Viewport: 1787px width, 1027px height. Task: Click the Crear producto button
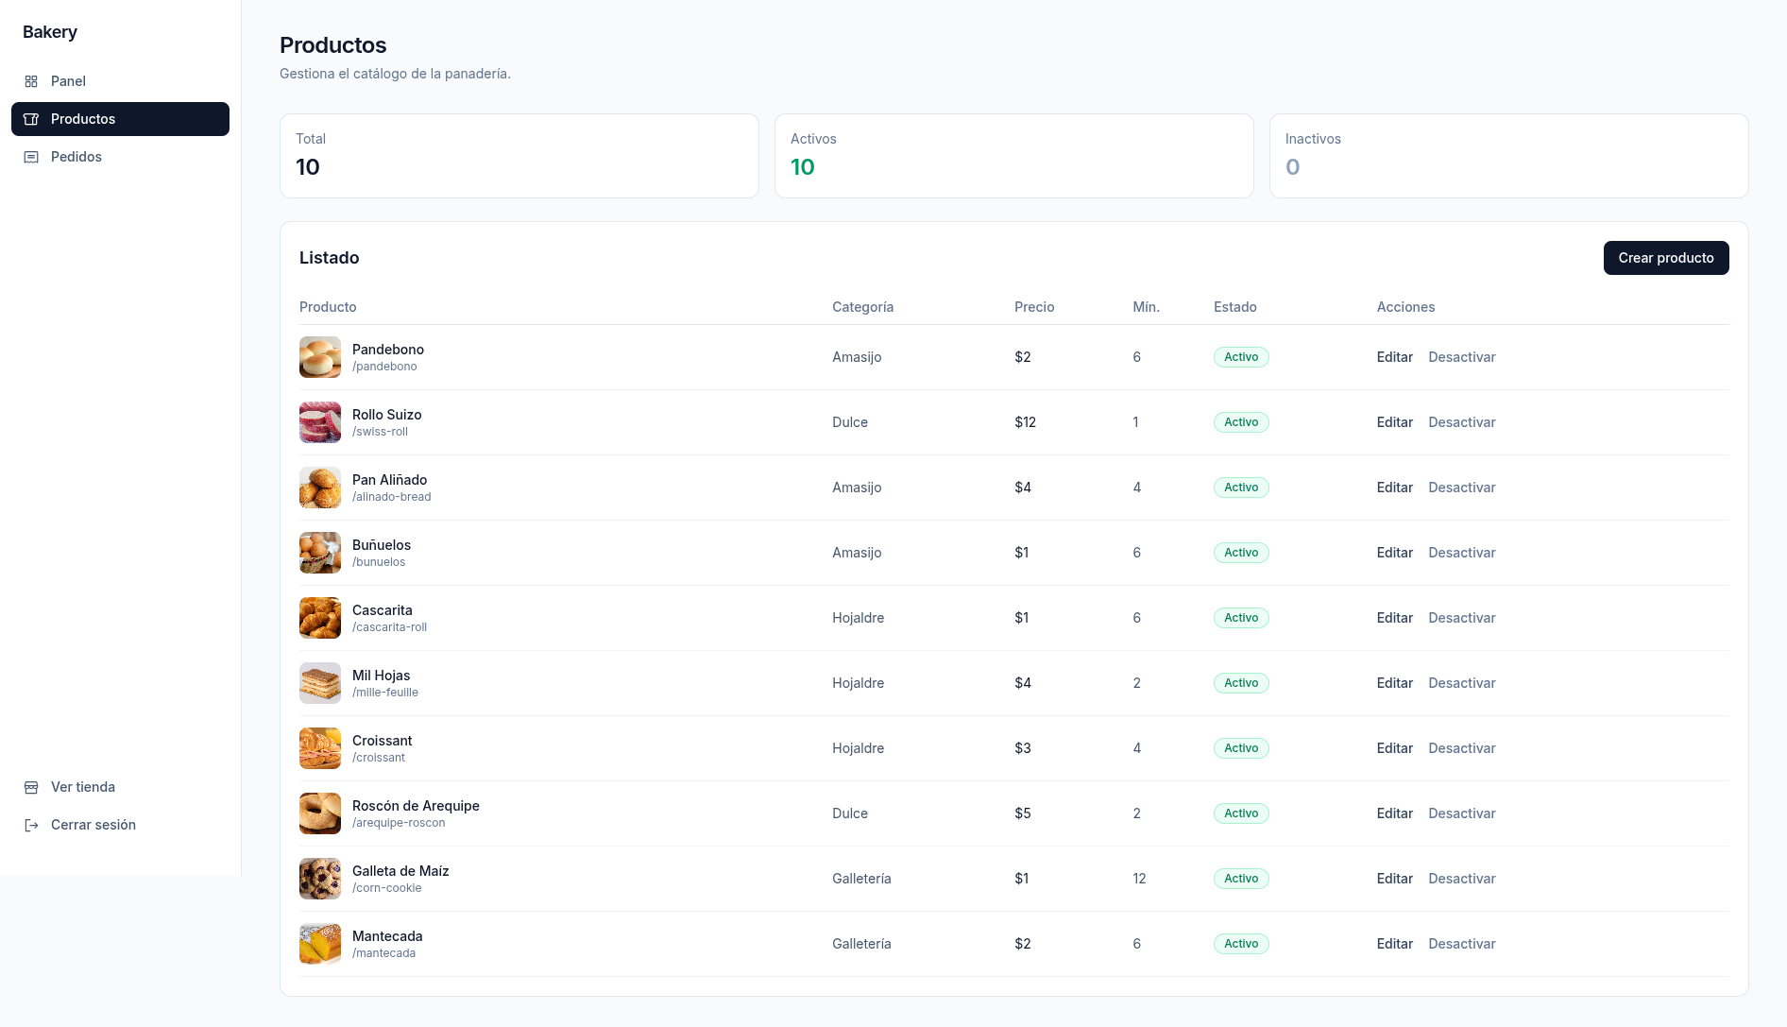1666,258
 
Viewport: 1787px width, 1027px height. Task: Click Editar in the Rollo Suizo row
1394,422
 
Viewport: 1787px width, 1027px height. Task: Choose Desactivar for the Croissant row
1462,748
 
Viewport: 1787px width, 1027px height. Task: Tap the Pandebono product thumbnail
320,357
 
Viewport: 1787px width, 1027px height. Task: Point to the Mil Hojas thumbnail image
320,683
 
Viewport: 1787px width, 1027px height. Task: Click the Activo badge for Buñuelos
1241,553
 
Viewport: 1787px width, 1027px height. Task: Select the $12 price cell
1025,422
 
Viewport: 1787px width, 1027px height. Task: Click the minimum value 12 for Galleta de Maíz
1139,879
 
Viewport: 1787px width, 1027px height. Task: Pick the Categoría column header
862,307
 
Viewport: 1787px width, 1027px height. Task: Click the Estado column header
1234,307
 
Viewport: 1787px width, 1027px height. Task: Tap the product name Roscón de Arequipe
416,806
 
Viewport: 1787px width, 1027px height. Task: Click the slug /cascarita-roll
389,627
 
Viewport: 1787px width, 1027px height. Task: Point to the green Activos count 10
802,167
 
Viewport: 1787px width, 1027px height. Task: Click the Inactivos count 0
1292,167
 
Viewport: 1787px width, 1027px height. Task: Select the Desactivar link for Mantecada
1462,944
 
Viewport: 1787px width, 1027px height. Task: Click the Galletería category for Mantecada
861,944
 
